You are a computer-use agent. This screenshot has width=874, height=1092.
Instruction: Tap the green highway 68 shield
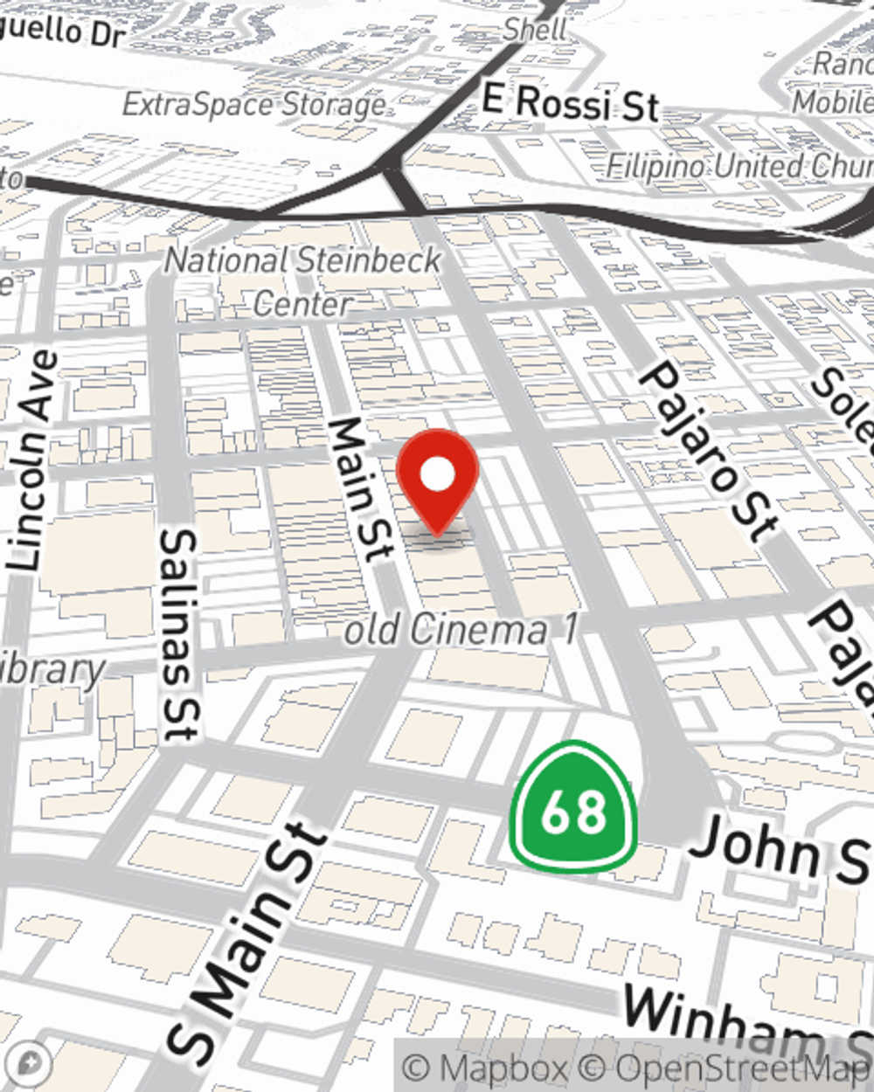click(x=572, y=808)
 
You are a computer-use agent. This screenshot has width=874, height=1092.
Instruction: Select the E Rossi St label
click(x=570, y=103)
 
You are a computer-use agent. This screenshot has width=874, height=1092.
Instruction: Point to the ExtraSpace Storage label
click(x=254, y=105)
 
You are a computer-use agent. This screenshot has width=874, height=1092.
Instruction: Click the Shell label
click(x=536, y=29)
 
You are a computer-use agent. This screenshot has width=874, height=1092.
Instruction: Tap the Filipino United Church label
click(x=739, y=165)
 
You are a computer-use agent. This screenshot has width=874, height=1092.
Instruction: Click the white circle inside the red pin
click(x=437, y=475)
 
